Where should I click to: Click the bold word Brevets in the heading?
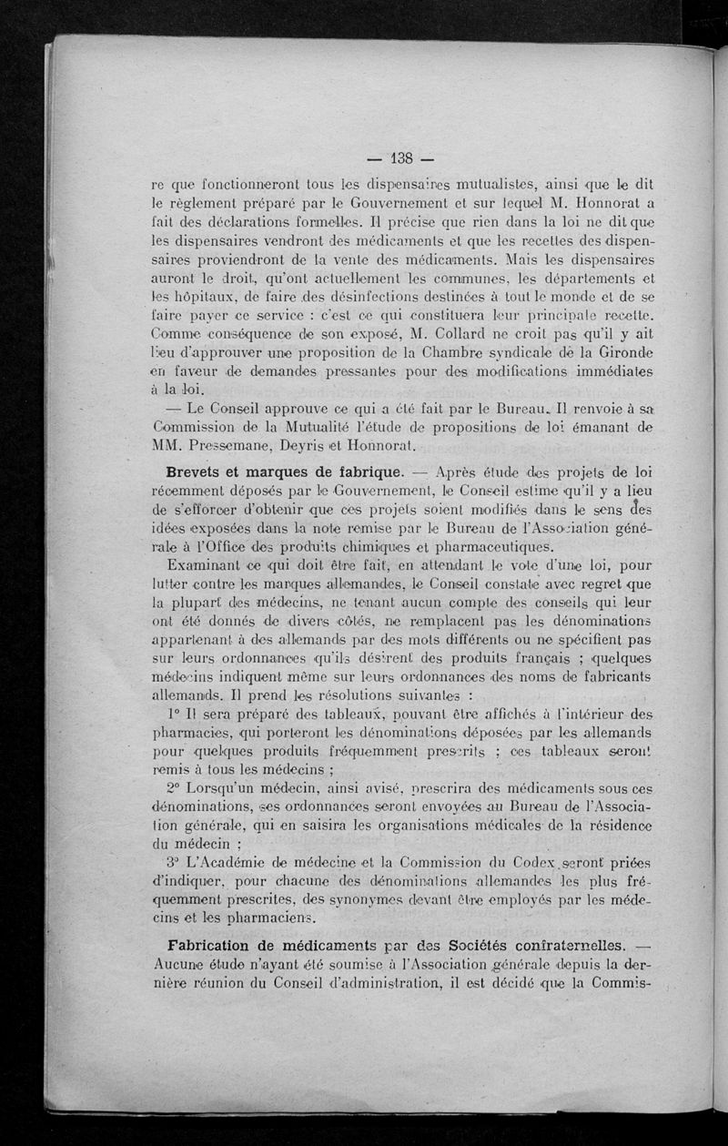click(x=202, y=473)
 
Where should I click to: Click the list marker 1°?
click(x=177, y=710)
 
